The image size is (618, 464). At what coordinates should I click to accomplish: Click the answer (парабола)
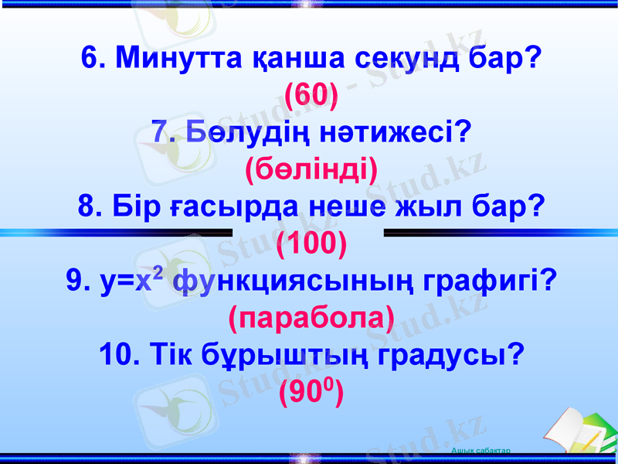(x=311, y=318)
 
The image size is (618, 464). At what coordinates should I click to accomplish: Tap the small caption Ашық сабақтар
(x=480, y=450)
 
